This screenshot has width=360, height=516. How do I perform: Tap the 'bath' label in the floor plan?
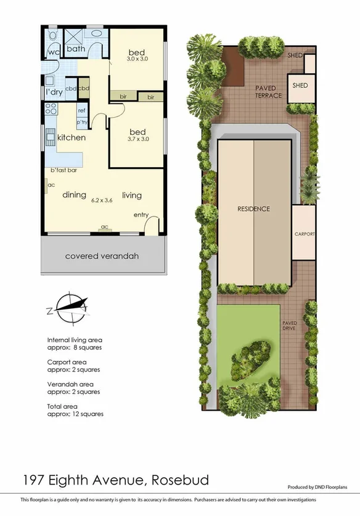[76, 49]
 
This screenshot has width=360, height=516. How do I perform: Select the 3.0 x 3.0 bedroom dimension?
[137, 59]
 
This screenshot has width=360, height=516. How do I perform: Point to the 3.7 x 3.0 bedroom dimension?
[137, 139]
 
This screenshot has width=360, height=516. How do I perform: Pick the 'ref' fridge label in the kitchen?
[81, 110]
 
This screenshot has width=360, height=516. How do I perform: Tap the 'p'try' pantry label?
[81, 122]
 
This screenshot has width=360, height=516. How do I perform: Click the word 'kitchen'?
[72, 137]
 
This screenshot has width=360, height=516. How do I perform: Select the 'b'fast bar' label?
[63, 170]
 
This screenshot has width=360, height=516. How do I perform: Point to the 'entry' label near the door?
[142, 215]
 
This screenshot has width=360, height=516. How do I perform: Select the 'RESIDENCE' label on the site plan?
[254, 209]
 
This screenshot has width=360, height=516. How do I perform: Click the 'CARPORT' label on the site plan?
[305, 234]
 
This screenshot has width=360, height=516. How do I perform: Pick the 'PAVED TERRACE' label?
[269, 92]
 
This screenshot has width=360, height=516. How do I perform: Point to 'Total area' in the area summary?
[62, 407]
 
